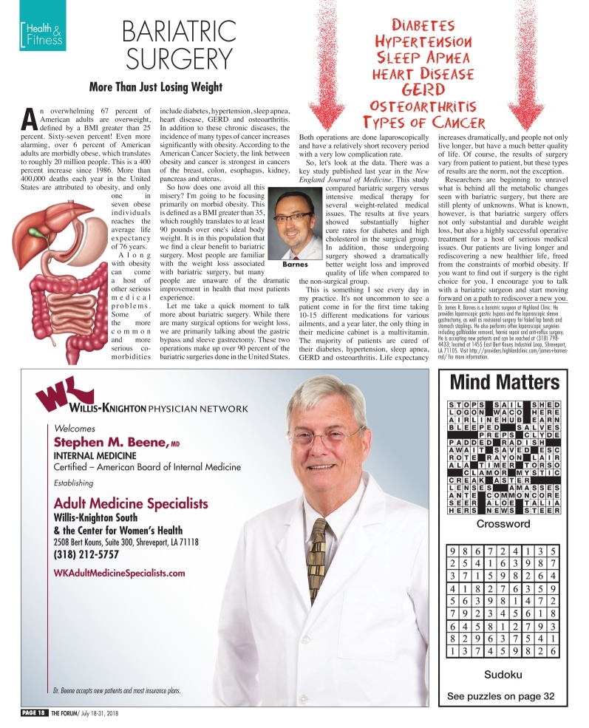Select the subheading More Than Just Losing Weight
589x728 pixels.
coord(155,87)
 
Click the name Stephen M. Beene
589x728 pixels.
coord(111,442)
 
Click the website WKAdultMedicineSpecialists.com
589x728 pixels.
coord(120,573)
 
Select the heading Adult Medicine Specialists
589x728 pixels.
coord(131,503)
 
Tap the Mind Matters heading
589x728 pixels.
coord(505,381)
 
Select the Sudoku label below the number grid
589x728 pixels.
coord(504,674)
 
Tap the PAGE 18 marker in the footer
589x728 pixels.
coord(34,712)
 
